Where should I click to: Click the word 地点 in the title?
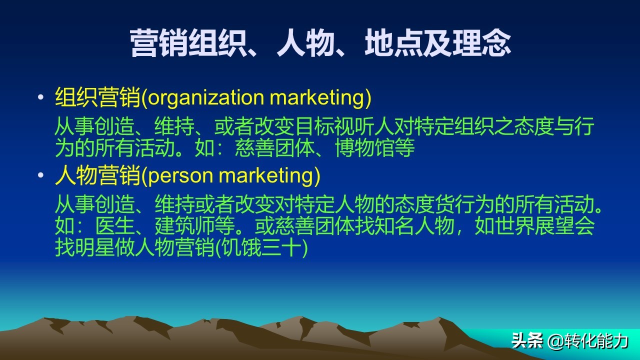point(393,43)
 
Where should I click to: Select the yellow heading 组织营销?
point(98,98)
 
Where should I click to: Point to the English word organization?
point(206,98)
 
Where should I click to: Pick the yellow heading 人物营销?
point(98,176)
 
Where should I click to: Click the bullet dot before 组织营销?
point(41,98)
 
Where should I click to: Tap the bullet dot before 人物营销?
point(41,176)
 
